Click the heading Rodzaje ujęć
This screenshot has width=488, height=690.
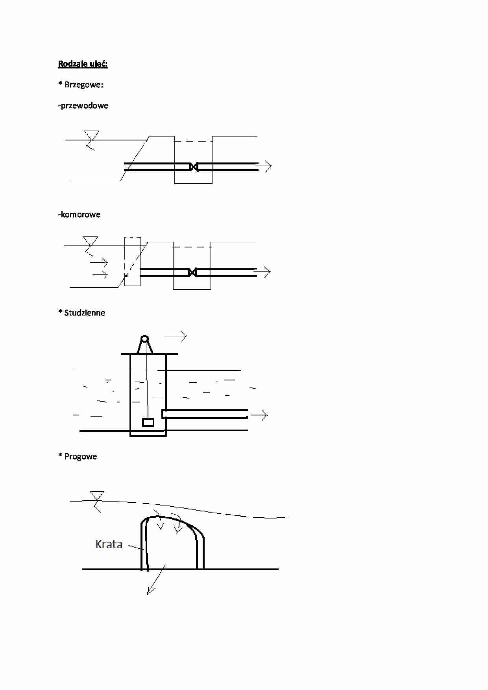(83, 64)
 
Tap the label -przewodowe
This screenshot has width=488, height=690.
(83, 105)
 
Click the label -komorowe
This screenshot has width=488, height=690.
(79, 214)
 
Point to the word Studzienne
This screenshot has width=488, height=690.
(85, 313)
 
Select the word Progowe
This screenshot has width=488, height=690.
(81, 456)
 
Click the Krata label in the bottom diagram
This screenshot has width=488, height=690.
(109, 544)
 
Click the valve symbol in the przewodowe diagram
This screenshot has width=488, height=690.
(193, 167)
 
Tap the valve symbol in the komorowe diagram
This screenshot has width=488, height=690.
(192, 272)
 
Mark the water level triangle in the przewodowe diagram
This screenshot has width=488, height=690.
(91, 135)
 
